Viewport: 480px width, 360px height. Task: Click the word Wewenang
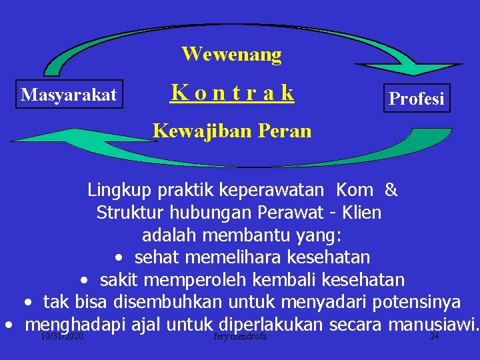click(231, 54)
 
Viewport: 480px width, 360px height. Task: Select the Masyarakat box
click(69, 95)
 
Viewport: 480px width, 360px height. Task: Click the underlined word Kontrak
click(232, 93)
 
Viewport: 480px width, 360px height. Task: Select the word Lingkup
click(120, 190)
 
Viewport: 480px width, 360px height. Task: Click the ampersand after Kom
click(391, 190)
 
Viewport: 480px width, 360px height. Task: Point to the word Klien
click(363, 213)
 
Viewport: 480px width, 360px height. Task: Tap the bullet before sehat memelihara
click(118, 257)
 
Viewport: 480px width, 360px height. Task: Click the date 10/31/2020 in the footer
click(61, 337)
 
